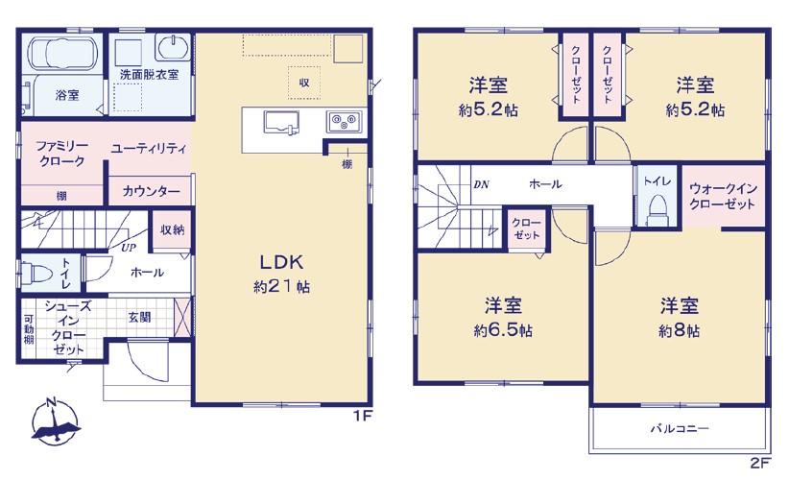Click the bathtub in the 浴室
pos(62,53)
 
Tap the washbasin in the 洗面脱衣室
pos(173,47)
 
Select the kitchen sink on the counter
pos(281,122)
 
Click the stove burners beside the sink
pos(344,121)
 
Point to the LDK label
pos(281,262)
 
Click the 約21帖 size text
pos(281,287)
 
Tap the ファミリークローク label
pos(61,154)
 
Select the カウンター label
pos(151,191)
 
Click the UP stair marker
pos(129,248)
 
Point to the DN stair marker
pos(481,184)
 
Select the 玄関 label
pos(139,317)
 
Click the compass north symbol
pos(55,421)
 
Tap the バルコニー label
pos(680,429)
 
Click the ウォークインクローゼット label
pos(723,196)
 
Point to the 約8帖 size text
pos(679,330)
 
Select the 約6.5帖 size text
pos(503,330)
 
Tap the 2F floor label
pos(760,463)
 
